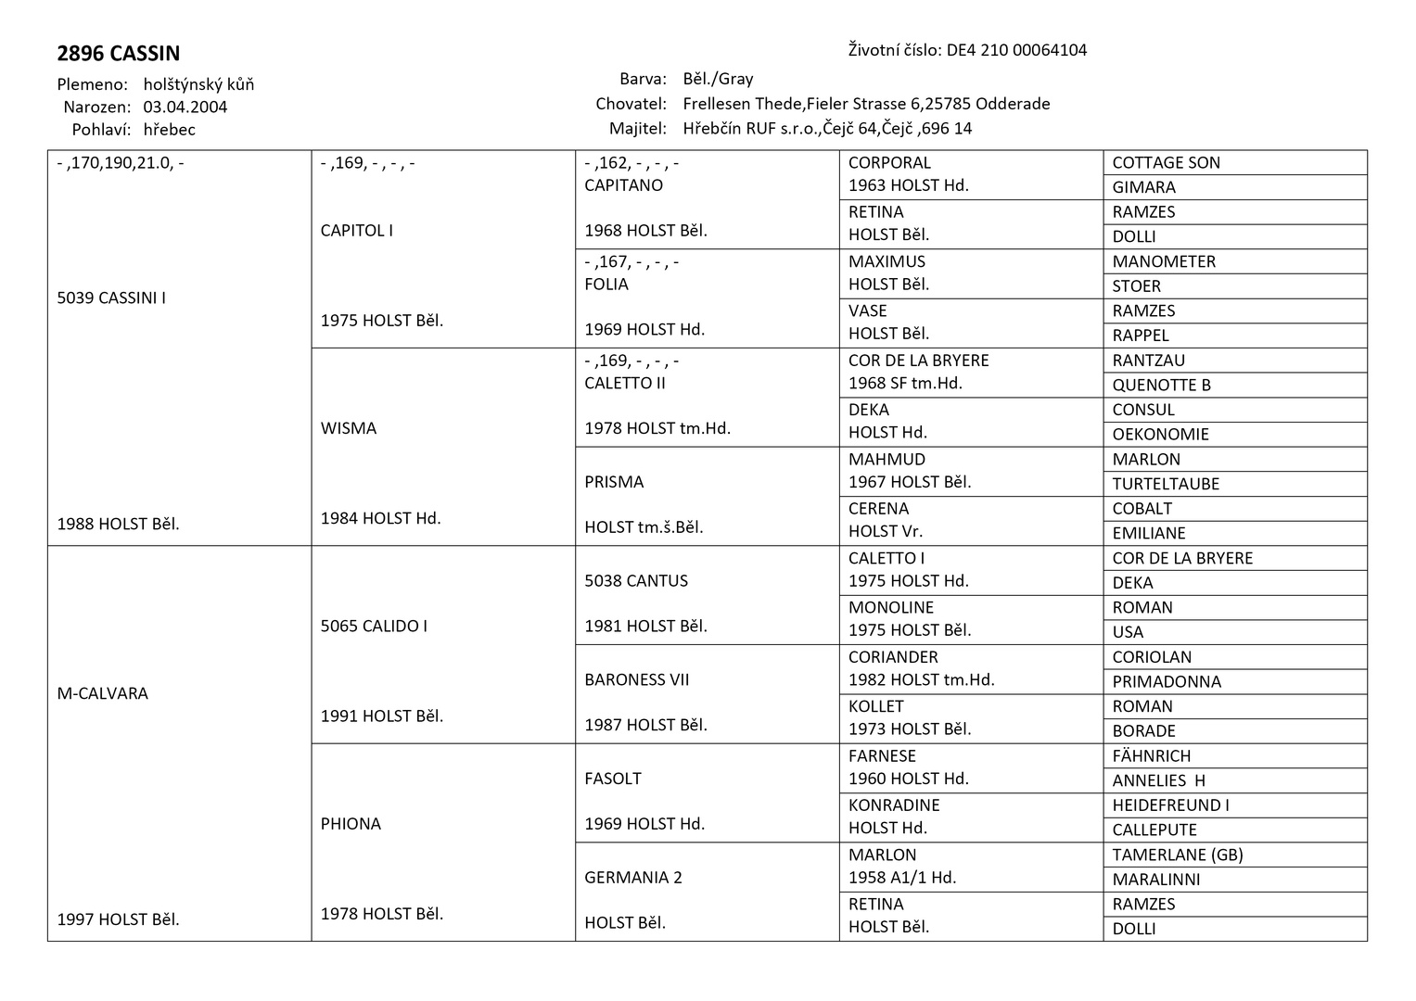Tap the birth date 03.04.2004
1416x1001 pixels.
[x=185, y=107]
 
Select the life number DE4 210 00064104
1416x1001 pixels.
[x=1016, y=50]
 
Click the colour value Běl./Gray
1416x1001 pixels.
[x=718, y=79]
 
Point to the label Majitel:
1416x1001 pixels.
[x=638, y=129]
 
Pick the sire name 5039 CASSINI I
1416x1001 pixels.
[x=111, y=298]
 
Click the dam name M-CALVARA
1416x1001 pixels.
[x=102, y=693]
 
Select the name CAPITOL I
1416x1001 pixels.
[x=357, y=231]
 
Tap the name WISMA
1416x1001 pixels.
[x=349, y=428]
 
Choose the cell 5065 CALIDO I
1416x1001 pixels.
[x=374, y=627]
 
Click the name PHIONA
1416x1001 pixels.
[x=351, y=824]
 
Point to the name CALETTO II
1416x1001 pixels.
[x=625, y=383]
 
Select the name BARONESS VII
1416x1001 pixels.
[x=637, y=679]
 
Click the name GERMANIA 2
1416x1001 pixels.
[x=633, y=878]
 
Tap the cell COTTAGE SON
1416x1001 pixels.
[x=1166, y=163]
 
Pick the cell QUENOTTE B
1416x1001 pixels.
[x=1161, y=386]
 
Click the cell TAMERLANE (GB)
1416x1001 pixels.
[x=1177, y=855]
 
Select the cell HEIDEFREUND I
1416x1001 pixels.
[x=1170, y=805]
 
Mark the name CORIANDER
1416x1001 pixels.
[x=893, y=657]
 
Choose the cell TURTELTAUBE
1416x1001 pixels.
[x=1166, y=484]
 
